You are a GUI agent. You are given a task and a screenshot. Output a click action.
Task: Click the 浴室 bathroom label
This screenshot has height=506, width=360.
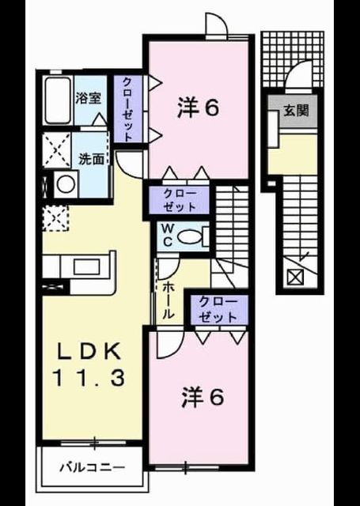coord(89,98)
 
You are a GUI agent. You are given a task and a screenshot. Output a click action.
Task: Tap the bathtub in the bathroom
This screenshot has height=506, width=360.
coord(58,100)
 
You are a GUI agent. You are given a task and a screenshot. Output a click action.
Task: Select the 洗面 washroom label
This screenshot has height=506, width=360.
coord(92,159)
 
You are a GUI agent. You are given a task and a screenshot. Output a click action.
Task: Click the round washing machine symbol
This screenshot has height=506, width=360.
coord(66,184)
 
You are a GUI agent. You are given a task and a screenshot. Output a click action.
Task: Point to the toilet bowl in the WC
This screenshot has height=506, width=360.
coord(189,237)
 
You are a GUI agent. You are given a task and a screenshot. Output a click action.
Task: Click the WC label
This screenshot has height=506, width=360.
coord(167,236)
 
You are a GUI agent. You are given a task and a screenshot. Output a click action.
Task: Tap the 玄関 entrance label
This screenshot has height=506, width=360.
coord(296,111)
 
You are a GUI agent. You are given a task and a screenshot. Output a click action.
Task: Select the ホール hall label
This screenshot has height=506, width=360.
coord(169,300)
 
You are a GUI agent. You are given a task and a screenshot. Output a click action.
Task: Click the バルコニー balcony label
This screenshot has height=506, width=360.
coord(93,467)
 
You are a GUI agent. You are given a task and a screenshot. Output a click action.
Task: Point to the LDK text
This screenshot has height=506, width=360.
coord(89,351)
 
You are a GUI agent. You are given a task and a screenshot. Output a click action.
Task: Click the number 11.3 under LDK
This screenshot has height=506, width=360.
coord(89,378)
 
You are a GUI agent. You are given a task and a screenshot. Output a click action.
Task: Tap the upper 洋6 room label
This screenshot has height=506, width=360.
coord(198,108)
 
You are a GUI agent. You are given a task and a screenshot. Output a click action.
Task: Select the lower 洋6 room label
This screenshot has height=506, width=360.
coord(202,397)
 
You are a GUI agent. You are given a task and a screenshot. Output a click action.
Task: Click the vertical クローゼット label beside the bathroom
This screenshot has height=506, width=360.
coord(127,109)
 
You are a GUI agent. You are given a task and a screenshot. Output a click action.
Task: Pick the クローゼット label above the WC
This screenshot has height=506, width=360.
coord(180,200)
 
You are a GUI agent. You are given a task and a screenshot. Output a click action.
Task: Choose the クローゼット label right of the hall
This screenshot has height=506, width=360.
coord(218,310)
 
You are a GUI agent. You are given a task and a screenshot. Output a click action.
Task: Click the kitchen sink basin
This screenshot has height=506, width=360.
coord(86,267)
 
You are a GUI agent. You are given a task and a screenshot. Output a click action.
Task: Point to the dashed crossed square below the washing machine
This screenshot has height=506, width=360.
coord(55,218)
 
